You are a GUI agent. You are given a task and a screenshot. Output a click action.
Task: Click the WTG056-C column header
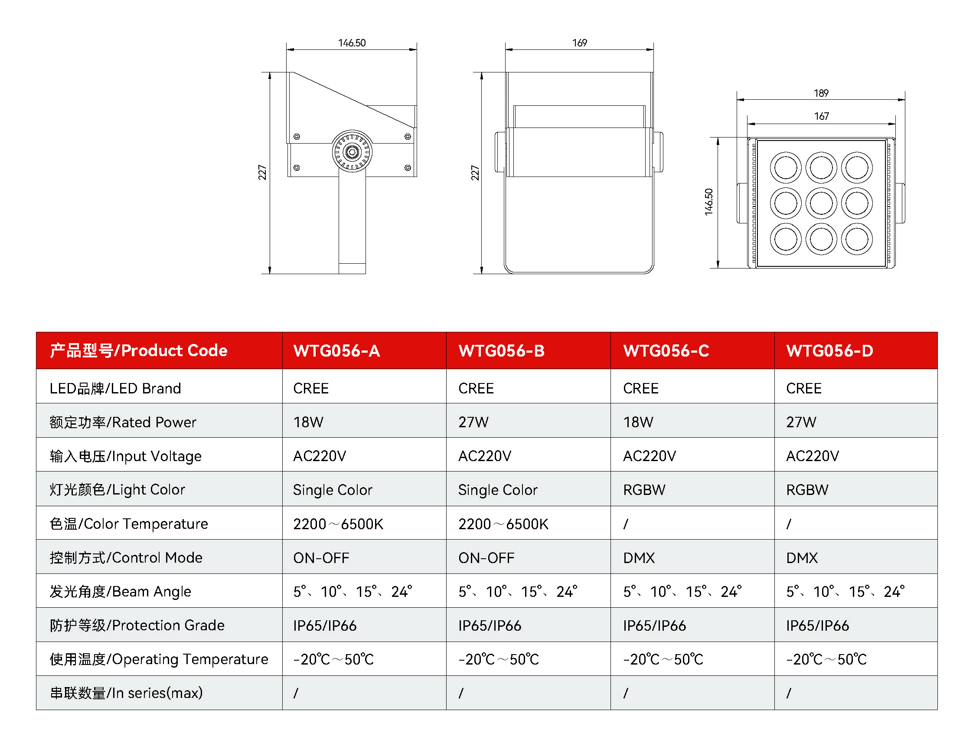[x=666, y=350]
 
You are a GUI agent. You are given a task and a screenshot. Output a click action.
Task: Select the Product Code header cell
[x=138, y=350]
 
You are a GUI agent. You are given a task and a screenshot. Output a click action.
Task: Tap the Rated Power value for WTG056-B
[x=473, y=422]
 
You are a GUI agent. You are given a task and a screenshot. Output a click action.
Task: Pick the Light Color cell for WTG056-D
[x=807, y=490]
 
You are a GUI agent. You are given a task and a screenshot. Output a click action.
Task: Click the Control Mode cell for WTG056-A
[x=321, y=557]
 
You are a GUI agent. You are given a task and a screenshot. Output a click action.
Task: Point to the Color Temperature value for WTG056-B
[x=503, y=524]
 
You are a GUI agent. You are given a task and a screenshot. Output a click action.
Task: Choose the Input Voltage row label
[x=125, y=456]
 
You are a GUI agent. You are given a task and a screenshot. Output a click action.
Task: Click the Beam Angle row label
[x=121, y=592]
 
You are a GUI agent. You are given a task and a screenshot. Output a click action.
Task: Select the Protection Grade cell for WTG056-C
[x=654, y=626]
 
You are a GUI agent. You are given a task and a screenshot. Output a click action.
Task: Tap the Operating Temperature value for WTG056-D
[x=826, y=659]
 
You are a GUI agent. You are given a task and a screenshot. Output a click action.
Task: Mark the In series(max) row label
[x=126, y=693]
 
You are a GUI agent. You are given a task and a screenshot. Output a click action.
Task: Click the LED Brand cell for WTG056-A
[x=310, y=388]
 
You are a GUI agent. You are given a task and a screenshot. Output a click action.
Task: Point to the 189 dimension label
[x=821, y=93]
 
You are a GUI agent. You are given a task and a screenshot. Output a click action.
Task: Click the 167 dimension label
[x=821, y=116]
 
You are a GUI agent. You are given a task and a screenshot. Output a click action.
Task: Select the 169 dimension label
[x=579, y=43]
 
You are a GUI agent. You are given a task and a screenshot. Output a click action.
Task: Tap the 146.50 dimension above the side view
[x=352, y=43]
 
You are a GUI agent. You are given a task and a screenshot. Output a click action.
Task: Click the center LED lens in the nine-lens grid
[x=821, y=203]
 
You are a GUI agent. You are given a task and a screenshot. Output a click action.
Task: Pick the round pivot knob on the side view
[x=352, y=152]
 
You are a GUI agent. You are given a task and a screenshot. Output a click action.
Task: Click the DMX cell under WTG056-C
[x=639, y=557]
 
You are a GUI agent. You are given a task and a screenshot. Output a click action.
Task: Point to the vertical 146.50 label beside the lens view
[x=708, y=202]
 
